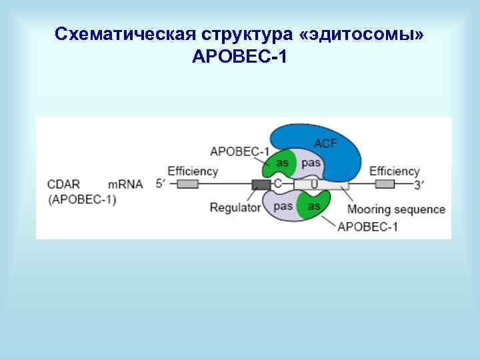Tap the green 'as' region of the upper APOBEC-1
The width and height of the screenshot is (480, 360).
coord(282,164)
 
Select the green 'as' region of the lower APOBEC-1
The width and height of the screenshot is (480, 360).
coord(313,205)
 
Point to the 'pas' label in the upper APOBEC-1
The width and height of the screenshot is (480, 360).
coord(311,163)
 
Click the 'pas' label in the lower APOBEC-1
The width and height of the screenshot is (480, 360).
coord(283,205)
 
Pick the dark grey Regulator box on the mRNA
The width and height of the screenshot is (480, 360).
coord(261,184)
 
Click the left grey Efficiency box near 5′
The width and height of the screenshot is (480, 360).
coord(187,184)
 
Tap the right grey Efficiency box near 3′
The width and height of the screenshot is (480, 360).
coord(385,184)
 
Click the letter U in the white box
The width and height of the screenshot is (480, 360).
coord(313,184)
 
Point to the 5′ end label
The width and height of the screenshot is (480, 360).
coord(161,184)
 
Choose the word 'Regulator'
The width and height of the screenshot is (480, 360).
coord(235,207)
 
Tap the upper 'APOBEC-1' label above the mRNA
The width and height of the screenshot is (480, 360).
coord(239,150)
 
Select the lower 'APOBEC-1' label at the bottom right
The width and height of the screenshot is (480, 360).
coord(368,227)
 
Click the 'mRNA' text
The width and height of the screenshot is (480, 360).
coord(125,184)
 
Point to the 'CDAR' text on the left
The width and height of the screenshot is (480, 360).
coord(64,184)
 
